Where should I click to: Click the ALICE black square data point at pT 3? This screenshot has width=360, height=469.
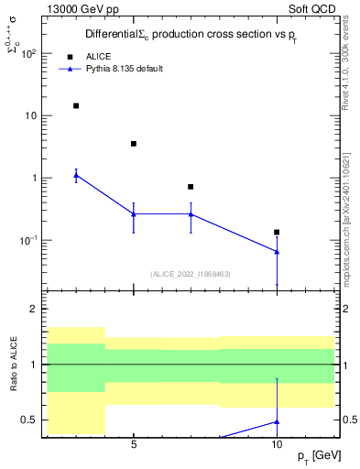point(76,105)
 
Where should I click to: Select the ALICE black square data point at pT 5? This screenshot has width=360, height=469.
point(134,144)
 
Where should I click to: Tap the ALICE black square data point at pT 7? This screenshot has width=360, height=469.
point(191,187)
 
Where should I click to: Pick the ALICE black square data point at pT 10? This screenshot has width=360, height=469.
point(277,232)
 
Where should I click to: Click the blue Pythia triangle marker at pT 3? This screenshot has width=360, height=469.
point(76,175)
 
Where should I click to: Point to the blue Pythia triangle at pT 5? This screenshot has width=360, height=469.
point(134,214)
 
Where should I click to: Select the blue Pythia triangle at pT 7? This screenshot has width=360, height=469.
point(191,214)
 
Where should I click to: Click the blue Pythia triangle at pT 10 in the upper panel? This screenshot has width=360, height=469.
point(277,251)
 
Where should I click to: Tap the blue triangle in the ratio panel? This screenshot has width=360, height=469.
point(277,422)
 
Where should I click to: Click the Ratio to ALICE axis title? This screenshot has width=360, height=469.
point(13,365)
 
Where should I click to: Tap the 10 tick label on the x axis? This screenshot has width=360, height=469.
point(277,444)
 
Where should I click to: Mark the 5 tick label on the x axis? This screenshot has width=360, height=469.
point(134,444)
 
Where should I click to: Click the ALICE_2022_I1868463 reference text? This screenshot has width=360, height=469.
point(191,273)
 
